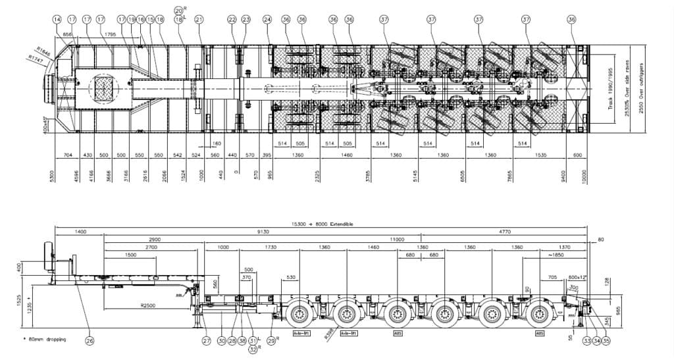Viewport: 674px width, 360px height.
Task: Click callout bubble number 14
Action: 57,20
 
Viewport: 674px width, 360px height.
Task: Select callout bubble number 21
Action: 199,20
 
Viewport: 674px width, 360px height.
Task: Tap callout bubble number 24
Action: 267,20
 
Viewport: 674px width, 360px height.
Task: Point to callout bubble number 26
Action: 90,341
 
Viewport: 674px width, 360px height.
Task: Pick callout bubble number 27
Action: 207,341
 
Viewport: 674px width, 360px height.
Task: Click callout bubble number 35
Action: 606,341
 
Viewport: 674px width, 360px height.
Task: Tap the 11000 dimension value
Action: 396,240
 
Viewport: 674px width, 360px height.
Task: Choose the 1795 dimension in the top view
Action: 110,35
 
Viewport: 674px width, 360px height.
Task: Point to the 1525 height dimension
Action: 20,303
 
